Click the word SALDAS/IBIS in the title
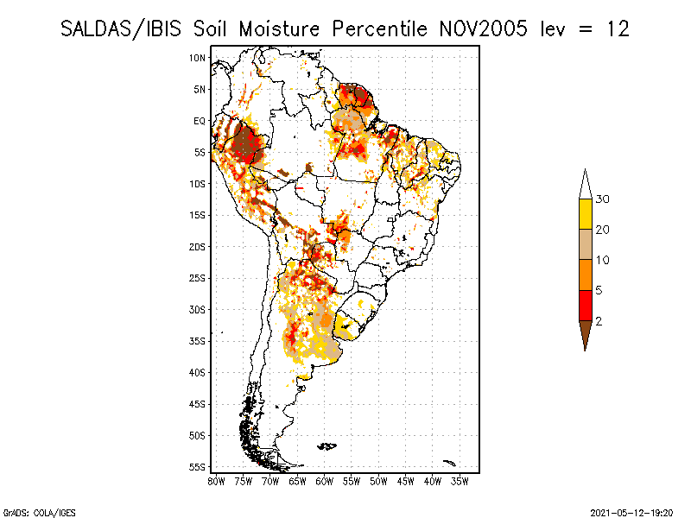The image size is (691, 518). [121, 29]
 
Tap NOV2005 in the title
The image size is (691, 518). [483, 29]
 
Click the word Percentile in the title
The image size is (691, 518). [379, 29]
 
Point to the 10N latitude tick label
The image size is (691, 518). [198, 58]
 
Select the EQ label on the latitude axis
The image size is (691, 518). [200, 121]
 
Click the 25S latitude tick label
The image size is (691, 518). [198, 278]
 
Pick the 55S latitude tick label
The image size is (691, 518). [198, 467]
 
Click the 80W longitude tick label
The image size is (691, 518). [216, 482]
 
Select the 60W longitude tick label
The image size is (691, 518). [325, 482]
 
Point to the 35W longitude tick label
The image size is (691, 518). [460, 482]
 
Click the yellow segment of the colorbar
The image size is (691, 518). [586, 214]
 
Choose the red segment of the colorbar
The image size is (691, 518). [586, 306]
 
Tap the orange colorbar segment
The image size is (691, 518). [586, 275]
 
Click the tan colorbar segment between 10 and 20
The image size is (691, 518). [586, 244]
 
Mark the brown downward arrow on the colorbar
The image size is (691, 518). [586, 333]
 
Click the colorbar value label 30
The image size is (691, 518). [602, 199]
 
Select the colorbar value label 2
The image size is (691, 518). [599, 321]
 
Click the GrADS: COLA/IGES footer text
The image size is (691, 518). [39, 513]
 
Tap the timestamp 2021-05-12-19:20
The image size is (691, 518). [631, 513]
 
